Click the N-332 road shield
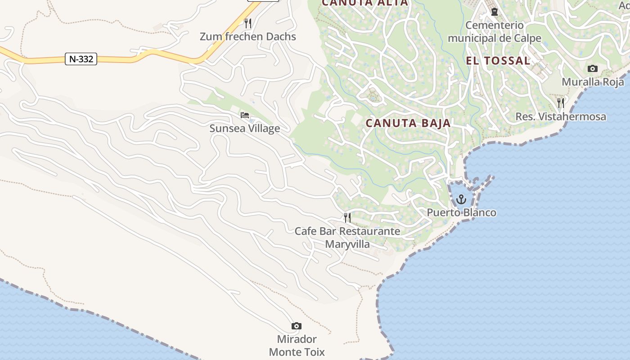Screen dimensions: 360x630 [x=81, y=59]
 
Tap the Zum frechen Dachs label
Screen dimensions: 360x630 [x=248, y=36]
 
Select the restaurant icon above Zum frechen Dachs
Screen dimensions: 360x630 [x=247, y=22]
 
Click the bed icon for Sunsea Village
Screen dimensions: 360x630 [x=245, y=115]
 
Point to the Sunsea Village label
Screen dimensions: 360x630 [x=245, y=128]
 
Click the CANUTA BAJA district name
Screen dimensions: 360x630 [x=408, y=123]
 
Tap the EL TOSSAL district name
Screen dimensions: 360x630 [x=498, y=61]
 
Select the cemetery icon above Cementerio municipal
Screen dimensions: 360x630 [x=495, y=12]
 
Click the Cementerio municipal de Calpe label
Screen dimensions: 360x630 [x=495, y=31]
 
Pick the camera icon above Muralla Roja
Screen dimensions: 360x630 [x=593, y=69]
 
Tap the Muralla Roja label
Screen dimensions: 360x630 [x=593, y=82]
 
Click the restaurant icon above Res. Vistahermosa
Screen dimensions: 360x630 [x=561, y=103]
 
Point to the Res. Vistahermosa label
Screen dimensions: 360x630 [x=561, y=117]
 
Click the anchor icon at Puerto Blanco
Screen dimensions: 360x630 [x=461, y=199]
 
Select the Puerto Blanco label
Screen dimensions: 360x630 [x=461, y=212]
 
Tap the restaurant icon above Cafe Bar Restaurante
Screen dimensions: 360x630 [x=347, y=218]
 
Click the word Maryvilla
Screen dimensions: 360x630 [x=347, y=244]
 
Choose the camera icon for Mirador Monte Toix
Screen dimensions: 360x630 [x=297, y=326]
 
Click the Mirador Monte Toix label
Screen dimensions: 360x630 [x=297, y=345]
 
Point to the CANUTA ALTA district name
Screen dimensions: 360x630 [x=365, y=3]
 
